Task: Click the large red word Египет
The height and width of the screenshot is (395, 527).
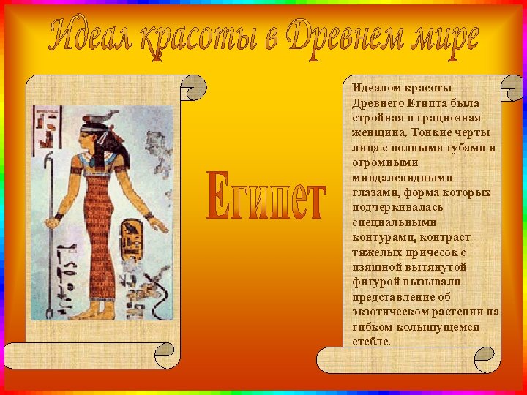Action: (x=265, y=197)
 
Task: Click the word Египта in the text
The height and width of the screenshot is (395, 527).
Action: (x=419, y=103)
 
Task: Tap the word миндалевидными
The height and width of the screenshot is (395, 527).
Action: (x=402, y=178)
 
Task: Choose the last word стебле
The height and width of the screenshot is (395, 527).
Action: (x=372, y=342)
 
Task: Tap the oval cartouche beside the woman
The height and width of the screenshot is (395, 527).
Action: (x=132, y=236)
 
